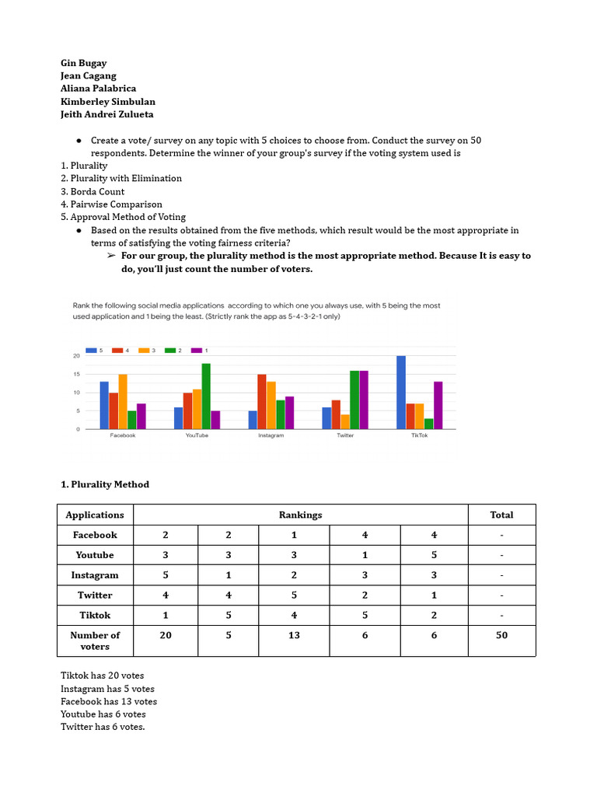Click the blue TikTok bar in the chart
click(401, 393)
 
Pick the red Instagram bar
click(262, 402)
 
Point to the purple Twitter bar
click(364, 400)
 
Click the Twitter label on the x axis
click(345, 435)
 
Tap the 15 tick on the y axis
click(76, 374)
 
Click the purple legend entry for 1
click(201, 351)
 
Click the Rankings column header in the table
click(300, 515)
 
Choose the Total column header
click(501, 515)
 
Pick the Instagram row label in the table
click(95, 575)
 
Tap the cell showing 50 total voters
click(501, 635)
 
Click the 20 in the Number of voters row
click(166, 635)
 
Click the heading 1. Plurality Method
click(105, 484)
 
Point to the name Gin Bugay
click(84, 63)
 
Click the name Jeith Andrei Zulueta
click(107, 114)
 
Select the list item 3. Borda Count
click(93, 191)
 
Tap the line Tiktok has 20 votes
click(102, 676)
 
